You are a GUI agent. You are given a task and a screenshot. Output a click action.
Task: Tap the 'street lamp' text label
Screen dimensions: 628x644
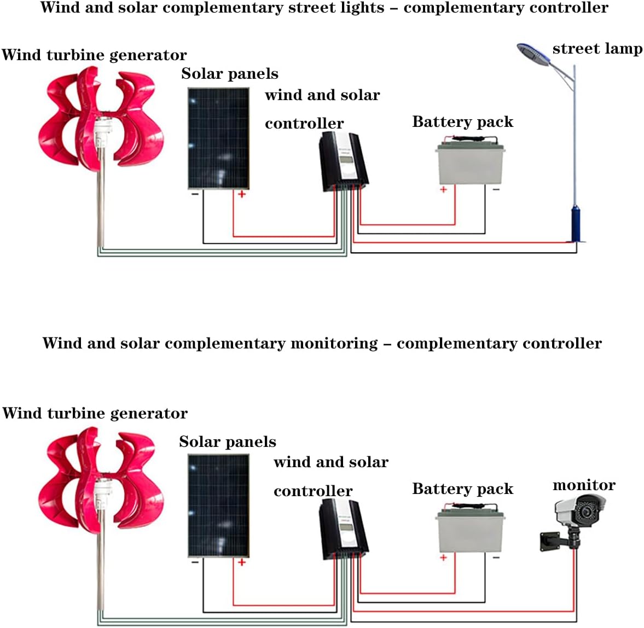[597, 49]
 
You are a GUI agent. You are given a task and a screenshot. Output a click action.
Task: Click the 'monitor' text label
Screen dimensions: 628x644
[584, 485]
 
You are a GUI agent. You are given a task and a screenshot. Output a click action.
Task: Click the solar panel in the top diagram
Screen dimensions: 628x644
[218, 138]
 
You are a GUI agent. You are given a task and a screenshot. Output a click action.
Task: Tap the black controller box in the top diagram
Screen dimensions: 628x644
[343, 161]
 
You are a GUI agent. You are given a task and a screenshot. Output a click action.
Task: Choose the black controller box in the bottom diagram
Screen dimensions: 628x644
[343, 529]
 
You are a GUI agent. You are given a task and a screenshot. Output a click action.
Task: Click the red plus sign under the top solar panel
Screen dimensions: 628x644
[241, 194]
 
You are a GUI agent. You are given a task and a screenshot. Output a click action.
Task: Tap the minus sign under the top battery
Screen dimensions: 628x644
[496, 189]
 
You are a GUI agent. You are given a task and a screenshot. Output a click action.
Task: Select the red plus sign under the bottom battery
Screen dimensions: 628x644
[443, 557]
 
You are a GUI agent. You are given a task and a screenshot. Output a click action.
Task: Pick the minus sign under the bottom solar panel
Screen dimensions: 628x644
[195, 562]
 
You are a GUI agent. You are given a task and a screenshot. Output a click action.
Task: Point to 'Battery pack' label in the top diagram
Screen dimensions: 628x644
[462, 121]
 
